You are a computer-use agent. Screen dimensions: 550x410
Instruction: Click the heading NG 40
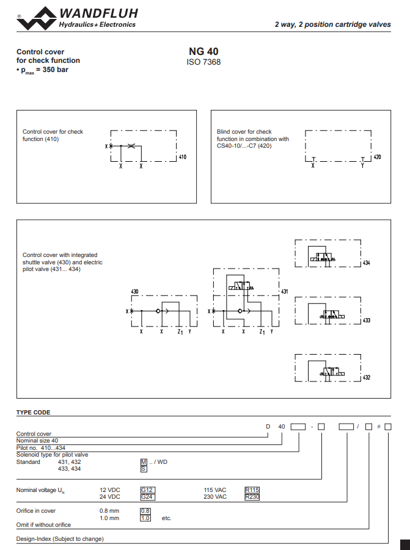tap(203, 52)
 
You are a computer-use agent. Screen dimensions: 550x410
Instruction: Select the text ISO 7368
tap(203, 62)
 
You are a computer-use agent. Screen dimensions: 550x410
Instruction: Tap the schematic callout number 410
tap(182, 157)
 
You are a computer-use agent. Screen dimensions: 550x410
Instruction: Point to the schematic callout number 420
tap(377, 157)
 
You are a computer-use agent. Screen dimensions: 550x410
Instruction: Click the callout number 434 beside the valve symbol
tap(367, 263)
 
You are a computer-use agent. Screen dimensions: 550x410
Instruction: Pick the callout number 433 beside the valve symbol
tap(367, 320)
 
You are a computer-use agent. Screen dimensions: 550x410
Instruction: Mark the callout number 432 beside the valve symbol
tap(367, 377)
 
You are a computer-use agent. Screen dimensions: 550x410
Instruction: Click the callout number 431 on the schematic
tap(284, 292)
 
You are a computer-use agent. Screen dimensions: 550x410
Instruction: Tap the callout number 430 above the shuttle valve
tap(135, 292)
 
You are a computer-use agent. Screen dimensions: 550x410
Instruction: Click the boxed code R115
tap(252, 490)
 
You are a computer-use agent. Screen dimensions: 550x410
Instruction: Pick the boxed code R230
tap(252, 497)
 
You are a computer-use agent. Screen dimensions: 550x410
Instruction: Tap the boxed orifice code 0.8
tap(145, 510)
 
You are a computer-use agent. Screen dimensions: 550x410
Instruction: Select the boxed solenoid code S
tap(144, 469)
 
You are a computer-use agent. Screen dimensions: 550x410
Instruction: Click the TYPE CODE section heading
tap(33, 413)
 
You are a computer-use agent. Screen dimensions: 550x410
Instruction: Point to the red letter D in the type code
tap(267, 426)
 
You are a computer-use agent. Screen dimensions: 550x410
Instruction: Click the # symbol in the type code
tap(379, 426)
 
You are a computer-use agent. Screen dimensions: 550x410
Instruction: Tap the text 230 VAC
tap(215, 497)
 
